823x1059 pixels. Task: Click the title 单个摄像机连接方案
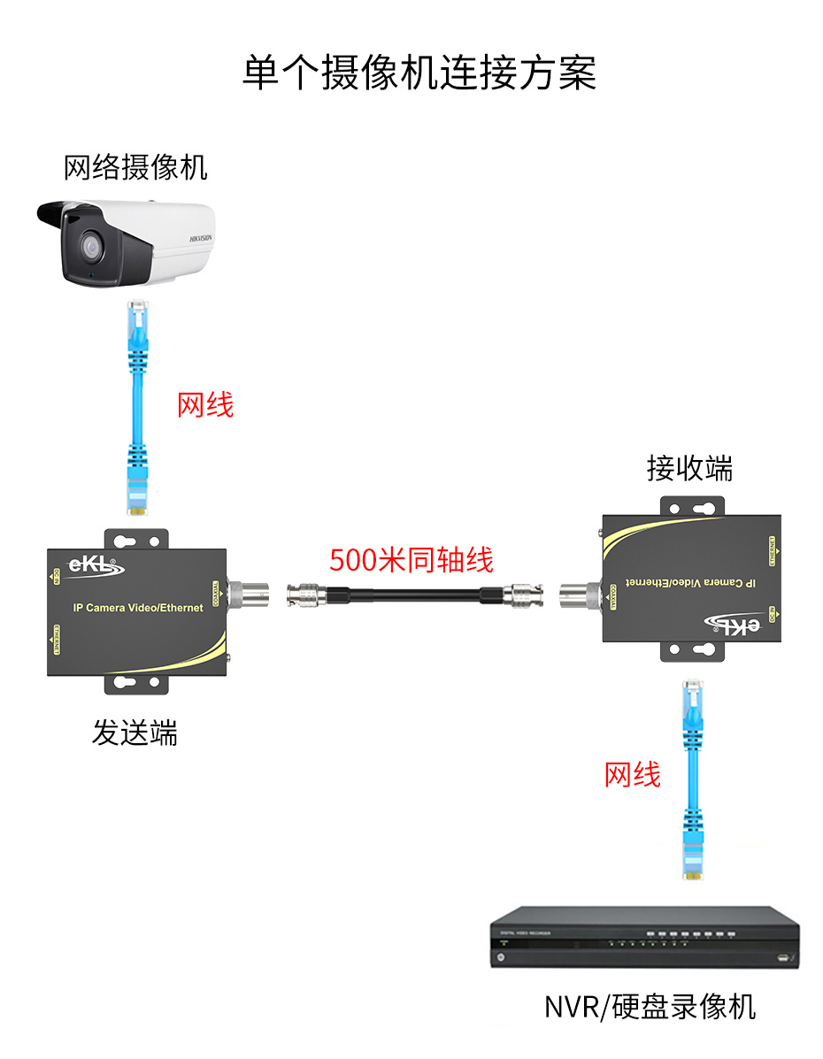(x=419, y=73)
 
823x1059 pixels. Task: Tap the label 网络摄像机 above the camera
(x=135, y=165)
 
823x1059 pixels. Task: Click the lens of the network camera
(x=89, y=246)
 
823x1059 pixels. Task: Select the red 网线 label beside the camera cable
(x=205, y=404)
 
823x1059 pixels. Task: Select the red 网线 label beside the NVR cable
(x=632, y=774)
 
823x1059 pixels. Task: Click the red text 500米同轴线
(x=411, y=559)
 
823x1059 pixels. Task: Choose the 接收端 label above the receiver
(x=689, y=468)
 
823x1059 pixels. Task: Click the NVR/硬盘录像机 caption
(x=650, y=1006)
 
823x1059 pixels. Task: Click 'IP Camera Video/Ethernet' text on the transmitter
(x=137, y=608)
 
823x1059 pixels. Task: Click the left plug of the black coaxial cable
(x=306, y=595)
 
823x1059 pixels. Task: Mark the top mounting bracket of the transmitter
(x=136, y=539)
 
